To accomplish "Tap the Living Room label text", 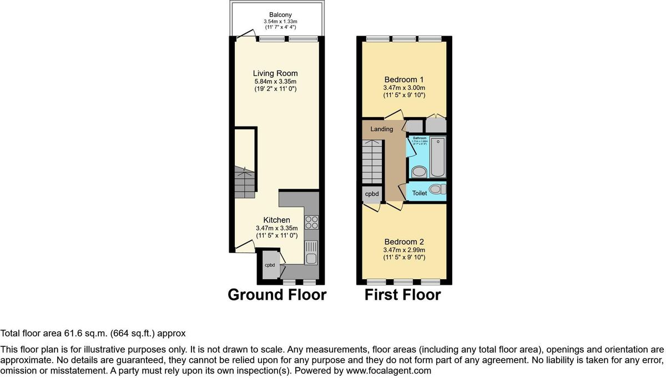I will click(275, 73).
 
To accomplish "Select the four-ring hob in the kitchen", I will click(312, 222).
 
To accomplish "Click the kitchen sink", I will click(311, 253).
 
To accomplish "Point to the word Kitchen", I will click(276, 220).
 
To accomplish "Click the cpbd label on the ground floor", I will click(270, 265).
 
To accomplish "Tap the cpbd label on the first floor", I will click(371, 194).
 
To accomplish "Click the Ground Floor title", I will click(277, 295).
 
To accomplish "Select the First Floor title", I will click(402, 295).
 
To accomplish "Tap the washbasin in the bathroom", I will click(417, 172).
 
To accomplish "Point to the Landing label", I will click(382, 129).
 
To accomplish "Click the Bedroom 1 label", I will click(403, 79).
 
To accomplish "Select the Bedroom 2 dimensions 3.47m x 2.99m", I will click(403, 250).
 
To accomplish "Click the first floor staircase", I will click(374, 161).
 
